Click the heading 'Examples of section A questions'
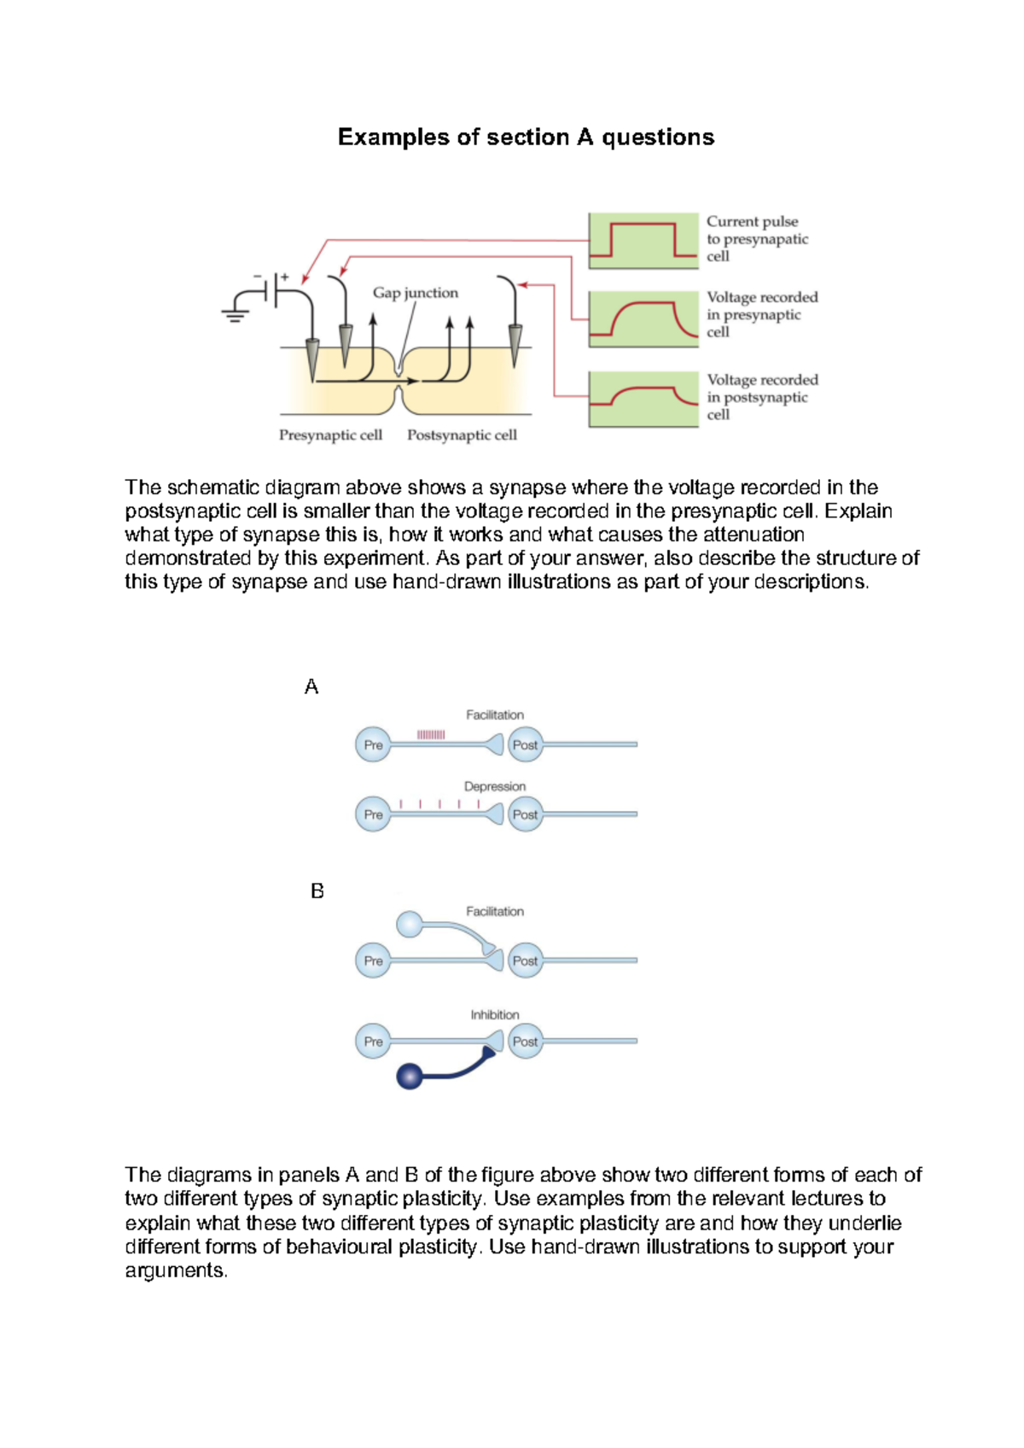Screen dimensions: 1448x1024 (526, 137)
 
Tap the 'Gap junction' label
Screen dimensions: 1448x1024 (416, 293)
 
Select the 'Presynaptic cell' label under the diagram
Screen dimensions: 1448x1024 (330, 435)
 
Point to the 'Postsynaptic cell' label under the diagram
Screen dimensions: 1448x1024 (462, 435)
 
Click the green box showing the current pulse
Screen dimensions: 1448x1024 (643, 241)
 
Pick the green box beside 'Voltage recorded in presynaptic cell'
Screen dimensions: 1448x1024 (643, 318)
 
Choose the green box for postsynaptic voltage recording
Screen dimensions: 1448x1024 (643, 399)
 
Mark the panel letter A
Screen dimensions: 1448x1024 (311, 687)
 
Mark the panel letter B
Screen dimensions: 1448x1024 (317, 891)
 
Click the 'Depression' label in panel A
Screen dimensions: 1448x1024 (495, 786)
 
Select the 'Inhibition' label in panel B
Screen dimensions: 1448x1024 (495, 1014)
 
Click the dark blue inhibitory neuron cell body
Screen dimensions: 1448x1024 (410, 1076)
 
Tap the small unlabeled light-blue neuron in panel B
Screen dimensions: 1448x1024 (410, 924)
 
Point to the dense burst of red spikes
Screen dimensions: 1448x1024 (431, 734)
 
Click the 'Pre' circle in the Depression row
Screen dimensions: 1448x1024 (373, 814)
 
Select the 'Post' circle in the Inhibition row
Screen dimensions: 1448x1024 (525, 1042)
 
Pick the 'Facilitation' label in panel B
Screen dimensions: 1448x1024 (495, 912)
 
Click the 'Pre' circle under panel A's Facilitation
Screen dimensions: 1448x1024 (373, 744)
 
